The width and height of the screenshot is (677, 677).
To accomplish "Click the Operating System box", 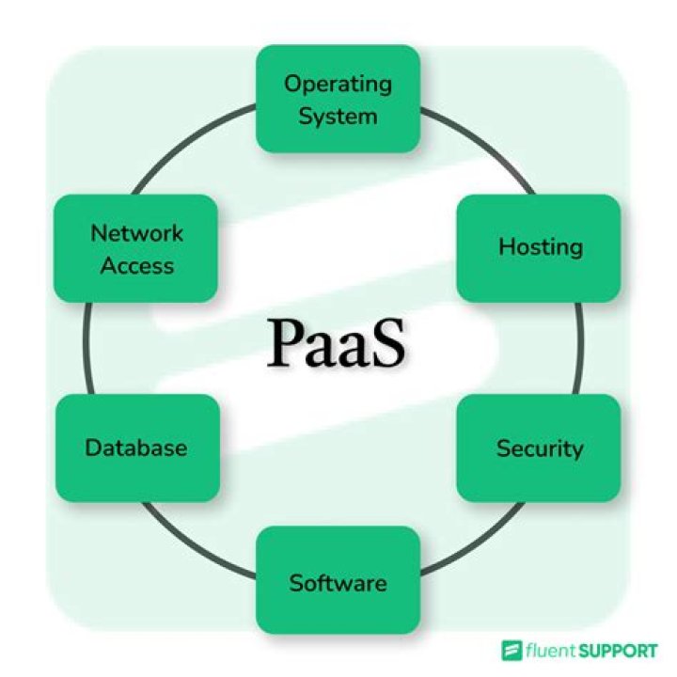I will point(338,99).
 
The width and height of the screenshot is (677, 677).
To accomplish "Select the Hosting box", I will point(540,247).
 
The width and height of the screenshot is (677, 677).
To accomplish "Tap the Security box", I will point(540,448).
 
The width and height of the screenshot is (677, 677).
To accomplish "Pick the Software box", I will point(338,582).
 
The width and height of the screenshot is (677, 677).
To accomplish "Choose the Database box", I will point(136,448).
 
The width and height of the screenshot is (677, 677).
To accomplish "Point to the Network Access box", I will point(136,248).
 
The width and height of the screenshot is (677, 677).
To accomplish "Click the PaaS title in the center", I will point(338,342).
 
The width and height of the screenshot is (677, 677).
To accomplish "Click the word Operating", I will point(338,83).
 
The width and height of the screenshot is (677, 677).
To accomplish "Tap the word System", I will point(338,116).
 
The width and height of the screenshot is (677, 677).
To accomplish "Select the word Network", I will point(137,232).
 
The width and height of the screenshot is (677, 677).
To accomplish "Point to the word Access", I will point(137,265).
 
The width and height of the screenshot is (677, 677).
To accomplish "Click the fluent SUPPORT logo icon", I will point(512,650).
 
